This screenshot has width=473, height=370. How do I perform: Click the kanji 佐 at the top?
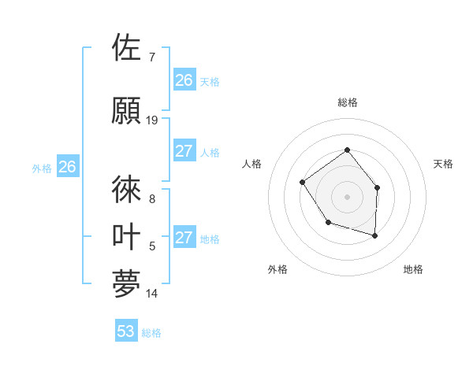[127, 48]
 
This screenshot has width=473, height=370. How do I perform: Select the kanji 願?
[127, 110]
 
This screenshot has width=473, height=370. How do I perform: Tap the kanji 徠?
[127, 190]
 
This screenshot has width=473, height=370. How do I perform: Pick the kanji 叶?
[127, 237]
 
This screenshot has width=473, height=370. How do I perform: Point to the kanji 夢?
[127, 284]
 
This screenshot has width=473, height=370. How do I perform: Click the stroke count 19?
[152, 120]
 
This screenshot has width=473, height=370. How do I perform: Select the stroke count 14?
[152, 294]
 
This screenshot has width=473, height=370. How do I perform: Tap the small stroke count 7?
[151, 57]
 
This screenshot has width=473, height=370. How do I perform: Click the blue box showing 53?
[126, 331]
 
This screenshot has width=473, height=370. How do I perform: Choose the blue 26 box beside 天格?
[184, 80]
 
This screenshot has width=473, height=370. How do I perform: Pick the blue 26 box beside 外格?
[68, 167]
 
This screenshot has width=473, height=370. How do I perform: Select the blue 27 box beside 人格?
[184, 151]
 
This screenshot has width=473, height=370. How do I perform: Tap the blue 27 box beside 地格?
[184, 238]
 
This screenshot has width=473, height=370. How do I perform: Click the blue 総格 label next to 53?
[151, 333]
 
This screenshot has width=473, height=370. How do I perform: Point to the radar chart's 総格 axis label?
[347, 102]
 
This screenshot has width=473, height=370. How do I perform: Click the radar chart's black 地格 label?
[413, 269]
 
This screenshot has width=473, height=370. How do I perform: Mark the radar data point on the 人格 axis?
[303, 183]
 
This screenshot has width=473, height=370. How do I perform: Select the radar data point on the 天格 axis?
[378, 187]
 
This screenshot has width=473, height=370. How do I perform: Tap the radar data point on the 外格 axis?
[328, 223]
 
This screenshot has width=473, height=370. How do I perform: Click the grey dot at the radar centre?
[347, 197]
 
